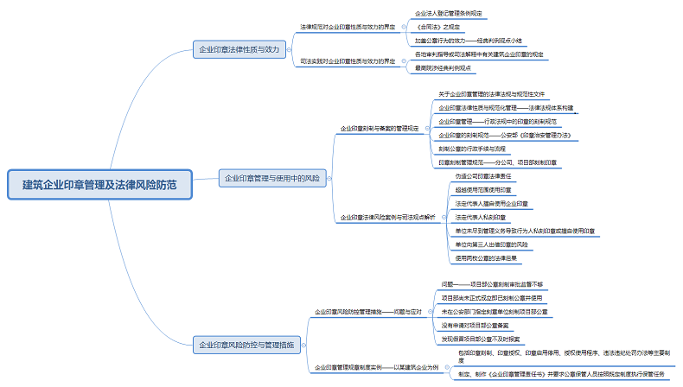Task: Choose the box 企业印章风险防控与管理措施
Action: click(246, 346)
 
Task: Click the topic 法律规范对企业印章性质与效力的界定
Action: click(348, 27)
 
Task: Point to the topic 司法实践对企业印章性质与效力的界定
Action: click(348, 60)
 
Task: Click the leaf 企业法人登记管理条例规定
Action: click(449, 14)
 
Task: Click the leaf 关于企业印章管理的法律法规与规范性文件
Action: click(491, 94)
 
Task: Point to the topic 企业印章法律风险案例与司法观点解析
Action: click(386, 217)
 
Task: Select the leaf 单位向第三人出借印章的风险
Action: click(497, 244)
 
